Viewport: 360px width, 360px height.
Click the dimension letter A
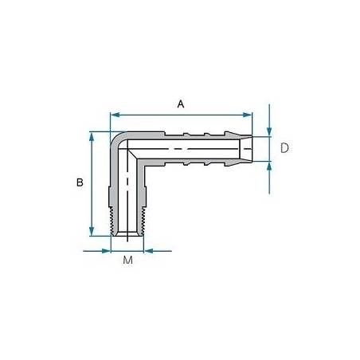[x=181, y=104]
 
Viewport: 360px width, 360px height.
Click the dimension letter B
[x=80, y=182]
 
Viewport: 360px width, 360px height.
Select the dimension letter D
[x=284, y=148]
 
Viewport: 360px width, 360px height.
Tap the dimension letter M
[x=127, y=260]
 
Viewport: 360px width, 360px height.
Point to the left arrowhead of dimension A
[x=115, y=115]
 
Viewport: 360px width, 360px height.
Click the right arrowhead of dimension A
[x=248, y=115]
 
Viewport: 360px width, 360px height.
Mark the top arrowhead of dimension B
[x=92, y=136]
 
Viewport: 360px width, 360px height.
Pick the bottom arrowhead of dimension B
[x=92, y=231]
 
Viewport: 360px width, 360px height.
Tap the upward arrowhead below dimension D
[x=269, y=166]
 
